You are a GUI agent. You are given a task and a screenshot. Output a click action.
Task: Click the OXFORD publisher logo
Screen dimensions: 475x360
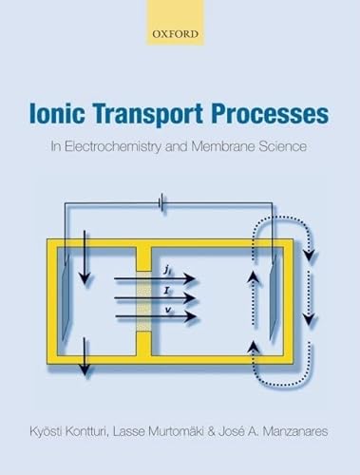pos(179,32)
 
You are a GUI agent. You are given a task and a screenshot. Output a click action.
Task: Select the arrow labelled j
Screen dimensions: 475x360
pos(171,278)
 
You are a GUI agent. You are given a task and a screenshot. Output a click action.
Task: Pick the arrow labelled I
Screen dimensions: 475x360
pos(171,297)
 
